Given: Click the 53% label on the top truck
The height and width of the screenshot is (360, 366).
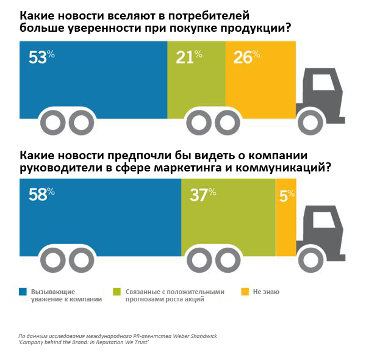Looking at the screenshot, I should [x=41, y=57].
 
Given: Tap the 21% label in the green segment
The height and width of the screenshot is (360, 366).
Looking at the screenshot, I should [x=188, y=57].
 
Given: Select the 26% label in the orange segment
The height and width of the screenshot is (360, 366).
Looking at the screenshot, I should [x=246, y=57].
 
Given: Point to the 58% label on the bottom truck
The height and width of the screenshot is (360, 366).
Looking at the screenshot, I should [x=41, y=194].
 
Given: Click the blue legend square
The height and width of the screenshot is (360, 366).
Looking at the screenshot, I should [x=23, y=292].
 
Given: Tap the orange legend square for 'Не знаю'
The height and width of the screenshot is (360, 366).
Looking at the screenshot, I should [x=245, y=292].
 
